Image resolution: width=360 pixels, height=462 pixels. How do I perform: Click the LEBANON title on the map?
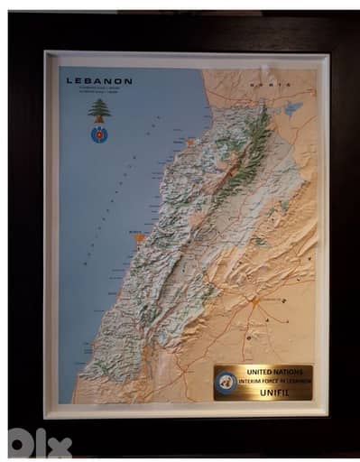point(99,80)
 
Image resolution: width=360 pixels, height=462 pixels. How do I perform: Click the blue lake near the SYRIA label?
point(292,108)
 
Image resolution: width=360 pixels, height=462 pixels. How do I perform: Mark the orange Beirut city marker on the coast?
point(139,238)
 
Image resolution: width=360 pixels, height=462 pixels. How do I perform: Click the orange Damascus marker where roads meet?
point(254,300)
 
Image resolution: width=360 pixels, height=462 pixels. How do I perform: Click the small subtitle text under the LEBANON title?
point(99,90)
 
